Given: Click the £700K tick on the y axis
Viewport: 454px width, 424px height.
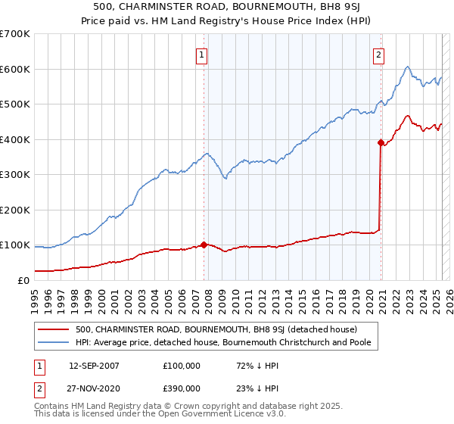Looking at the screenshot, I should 15,34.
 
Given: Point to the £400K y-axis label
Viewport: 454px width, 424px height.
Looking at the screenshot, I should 15,139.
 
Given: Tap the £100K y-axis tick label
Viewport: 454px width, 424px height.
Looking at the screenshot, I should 15,245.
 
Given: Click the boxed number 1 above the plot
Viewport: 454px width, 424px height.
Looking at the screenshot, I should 203,54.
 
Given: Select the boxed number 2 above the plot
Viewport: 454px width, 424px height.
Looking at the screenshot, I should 378,54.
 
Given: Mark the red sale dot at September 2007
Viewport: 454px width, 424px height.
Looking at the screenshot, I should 204,245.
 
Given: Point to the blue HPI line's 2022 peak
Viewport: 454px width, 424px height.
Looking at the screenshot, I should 407,67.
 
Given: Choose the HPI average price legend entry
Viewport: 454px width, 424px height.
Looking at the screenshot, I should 227,343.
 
